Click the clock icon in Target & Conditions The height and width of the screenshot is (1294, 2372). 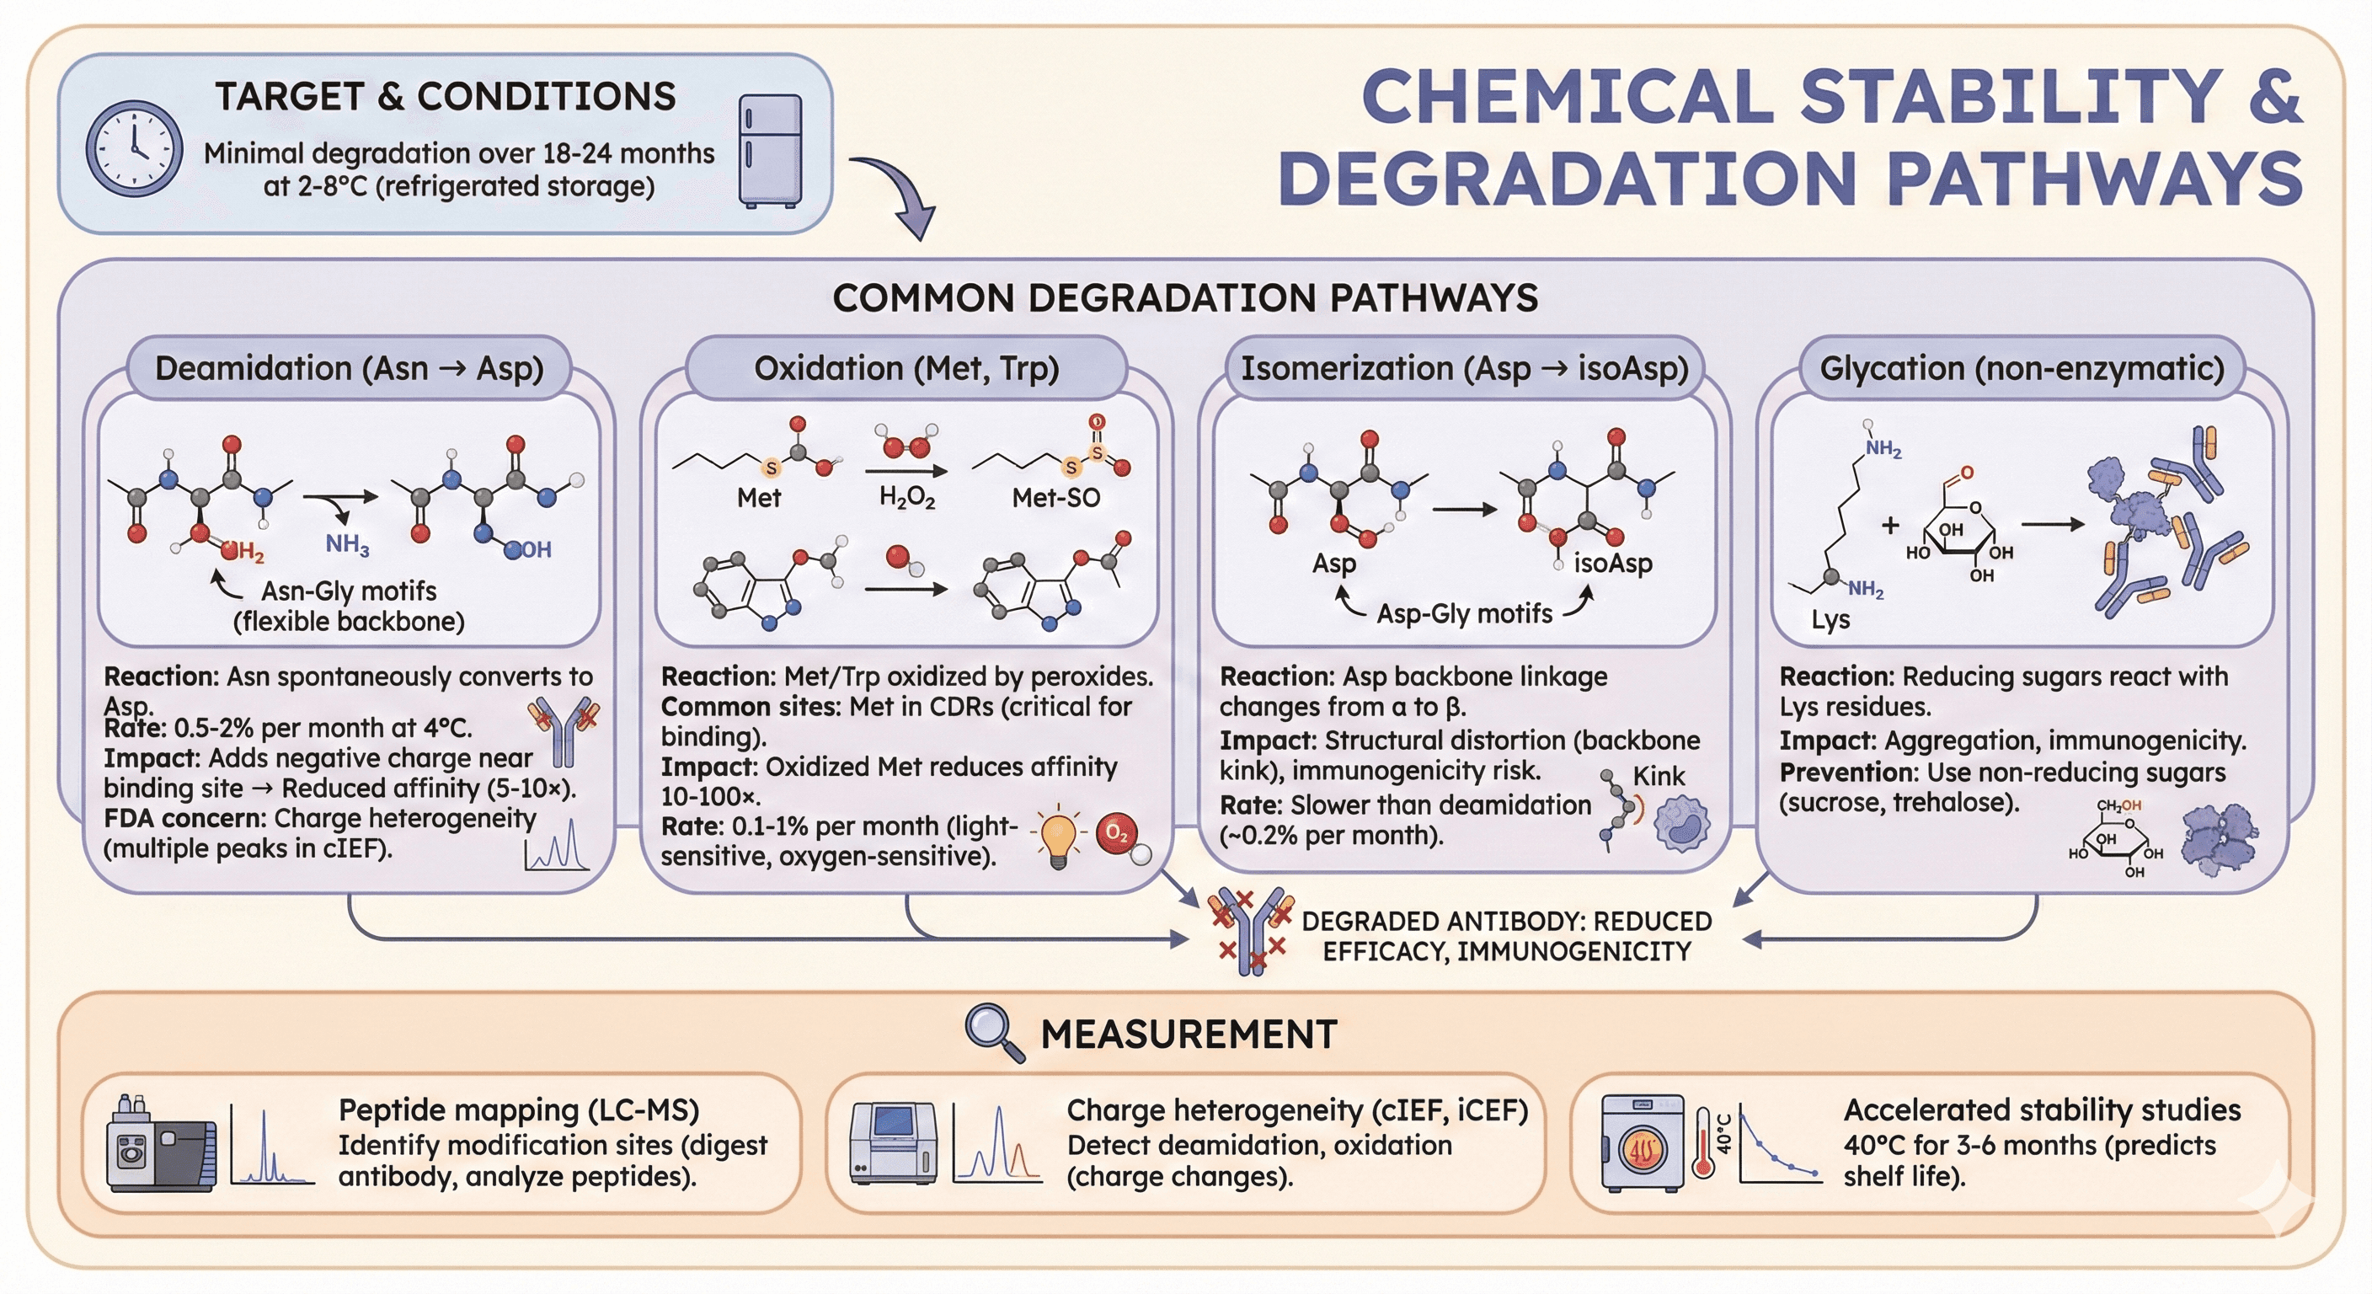tap(134, 148)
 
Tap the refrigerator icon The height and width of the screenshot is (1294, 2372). tap(770, 150)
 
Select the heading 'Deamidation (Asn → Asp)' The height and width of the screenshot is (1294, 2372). tap(349, 368)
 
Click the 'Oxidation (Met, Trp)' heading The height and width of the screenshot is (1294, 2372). tap(906, 368)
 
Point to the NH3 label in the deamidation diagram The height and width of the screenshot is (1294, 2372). tap(347, 544)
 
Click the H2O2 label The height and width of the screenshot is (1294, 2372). tap(907, 498)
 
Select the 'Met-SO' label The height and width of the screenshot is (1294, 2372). tap(1055, 498)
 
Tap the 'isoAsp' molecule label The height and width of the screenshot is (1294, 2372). tap(1612, 563)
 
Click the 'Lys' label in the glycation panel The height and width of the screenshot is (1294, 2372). tap(1830, 620)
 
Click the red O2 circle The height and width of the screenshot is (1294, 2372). tap(1116, 833)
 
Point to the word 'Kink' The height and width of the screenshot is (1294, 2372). tap(1659, 777)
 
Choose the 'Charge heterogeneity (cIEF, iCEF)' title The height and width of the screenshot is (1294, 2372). tap(1296, 1110)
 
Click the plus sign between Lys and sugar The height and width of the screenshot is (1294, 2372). tap(1890, 525)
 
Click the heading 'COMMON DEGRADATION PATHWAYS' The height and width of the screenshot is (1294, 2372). tap(1185, 298)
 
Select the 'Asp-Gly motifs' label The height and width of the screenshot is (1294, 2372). tap(1464, 613)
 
